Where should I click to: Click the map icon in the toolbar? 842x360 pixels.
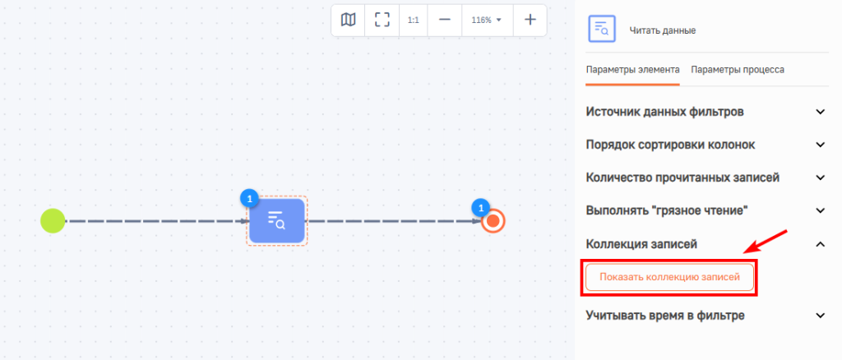point(348,21)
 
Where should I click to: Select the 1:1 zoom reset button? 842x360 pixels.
point(413,21)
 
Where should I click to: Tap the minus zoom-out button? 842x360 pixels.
point(444,21)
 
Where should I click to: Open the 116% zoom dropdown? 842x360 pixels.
point(487,21)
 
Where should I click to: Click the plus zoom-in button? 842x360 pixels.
point(530,21)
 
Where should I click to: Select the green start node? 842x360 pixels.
point(53,220)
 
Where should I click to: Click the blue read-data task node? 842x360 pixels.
point(276,220)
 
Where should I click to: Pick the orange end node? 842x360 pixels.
point(493,221)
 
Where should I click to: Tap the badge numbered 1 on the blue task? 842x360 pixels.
point(248,199)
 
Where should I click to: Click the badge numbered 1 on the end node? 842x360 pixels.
point(480,207)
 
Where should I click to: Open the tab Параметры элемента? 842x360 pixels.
point(632,70)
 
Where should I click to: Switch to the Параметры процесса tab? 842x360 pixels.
point(738,70)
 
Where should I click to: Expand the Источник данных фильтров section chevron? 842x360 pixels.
point(820,112)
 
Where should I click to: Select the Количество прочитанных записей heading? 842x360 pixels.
point(682,178)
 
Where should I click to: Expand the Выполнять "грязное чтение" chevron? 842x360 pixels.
point(820,211)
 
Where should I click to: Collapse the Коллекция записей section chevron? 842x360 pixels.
point(820,244)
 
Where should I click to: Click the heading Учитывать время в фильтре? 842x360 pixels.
point(665,316)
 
